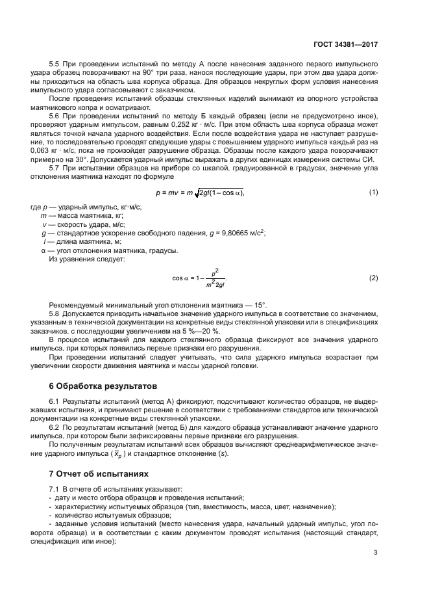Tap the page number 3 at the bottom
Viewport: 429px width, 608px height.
tap(376, 553)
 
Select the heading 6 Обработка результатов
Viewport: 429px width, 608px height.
tap(90, 386)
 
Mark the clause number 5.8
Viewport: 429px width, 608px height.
tap(55, 313)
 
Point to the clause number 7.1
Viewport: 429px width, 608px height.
tap(55, 488)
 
